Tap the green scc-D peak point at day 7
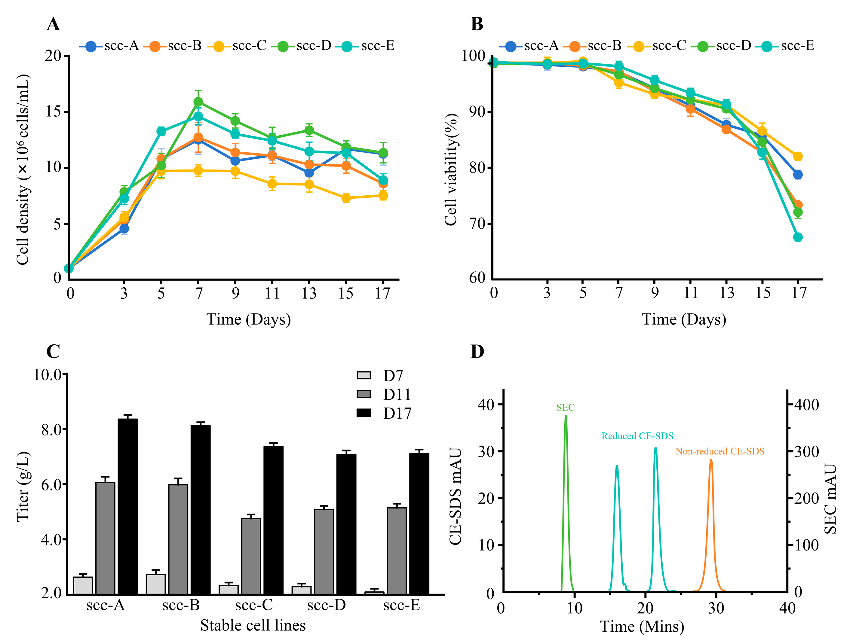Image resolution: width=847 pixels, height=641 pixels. pos(198,102)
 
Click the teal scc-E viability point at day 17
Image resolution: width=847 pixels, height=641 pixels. pos(798,237)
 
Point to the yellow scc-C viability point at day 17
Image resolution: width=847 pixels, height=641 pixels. pos(798,156)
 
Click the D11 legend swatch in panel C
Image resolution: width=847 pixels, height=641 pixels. pos(364,394)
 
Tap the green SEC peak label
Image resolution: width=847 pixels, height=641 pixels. pos(565,407)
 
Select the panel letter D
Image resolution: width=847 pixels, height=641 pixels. pos(477,351)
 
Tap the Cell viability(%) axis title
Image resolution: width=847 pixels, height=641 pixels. pos(451,169)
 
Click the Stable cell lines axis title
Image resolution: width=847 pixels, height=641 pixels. pos(253,625)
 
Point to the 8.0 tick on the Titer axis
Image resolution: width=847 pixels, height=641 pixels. pos(51,429)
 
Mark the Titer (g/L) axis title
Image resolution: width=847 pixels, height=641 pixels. pos(23,486)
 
